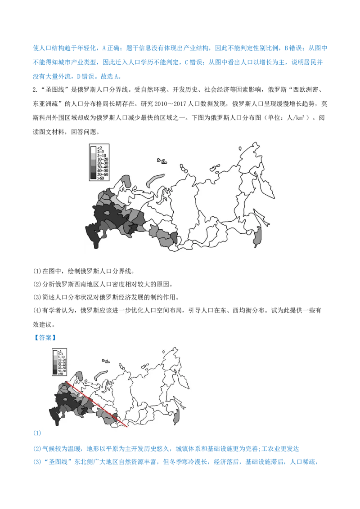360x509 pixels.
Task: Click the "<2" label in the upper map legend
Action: coord(100,148)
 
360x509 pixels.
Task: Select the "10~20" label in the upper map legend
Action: coord(102,159)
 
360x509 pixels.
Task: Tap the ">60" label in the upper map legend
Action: coord(100,178)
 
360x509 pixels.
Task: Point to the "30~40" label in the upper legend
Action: coord(102,166)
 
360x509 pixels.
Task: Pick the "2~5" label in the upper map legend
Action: coord(101,152)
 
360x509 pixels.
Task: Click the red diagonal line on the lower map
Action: coord(97,404)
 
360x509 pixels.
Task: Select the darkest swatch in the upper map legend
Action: coord(94,178)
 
